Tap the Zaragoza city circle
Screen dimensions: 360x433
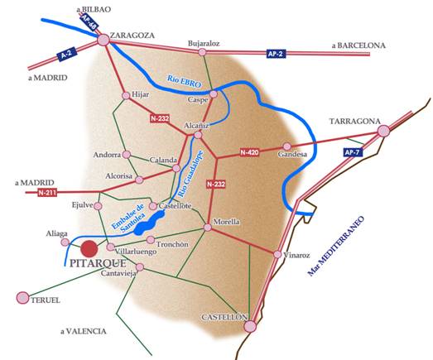pyautogui.click(x=103, y=39)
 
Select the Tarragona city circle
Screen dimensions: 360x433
pyautogui.click(x=383, y=131)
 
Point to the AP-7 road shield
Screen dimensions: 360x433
pyautogui.click(x=354, y=153)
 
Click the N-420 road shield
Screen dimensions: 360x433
pyautogui.click(x=249, y=152)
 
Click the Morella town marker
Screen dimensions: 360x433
pyautogui.click(x=209, y=228)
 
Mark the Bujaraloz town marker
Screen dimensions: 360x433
pyautogui.click(x=202, y=52)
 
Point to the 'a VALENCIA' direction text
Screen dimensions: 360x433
pyautogui.click(x=84, y=331)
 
